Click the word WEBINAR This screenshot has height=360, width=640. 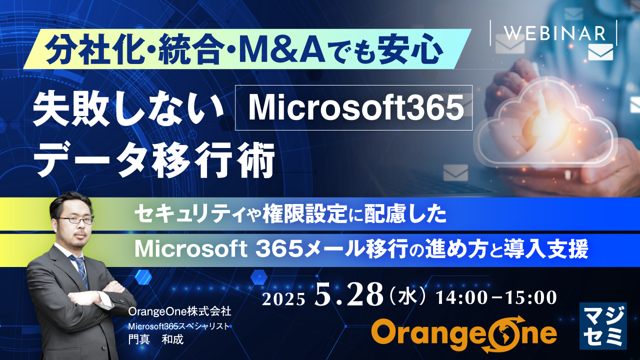(x=554, y=33)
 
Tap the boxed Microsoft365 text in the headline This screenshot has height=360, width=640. (x=353, y=108)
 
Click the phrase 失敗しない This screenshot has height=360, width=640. (x=128, y=108)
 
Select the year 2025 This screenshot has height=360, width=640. (x=283, y=298)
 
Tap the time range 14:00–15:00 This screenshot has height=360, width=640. (x=496, y=297)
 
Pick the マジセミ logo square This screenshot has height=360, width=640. (x=602, y=325)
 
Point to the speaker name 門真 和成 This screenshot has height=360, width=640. (x=156, y=339)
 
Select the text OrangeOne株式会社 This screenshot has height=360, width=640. (x=179, y=311)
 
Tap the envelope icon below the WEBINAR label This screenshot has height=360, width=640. (x=600, y=52)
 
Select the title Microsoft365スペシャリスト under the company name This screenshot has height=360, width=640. (x=178, y=326)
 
